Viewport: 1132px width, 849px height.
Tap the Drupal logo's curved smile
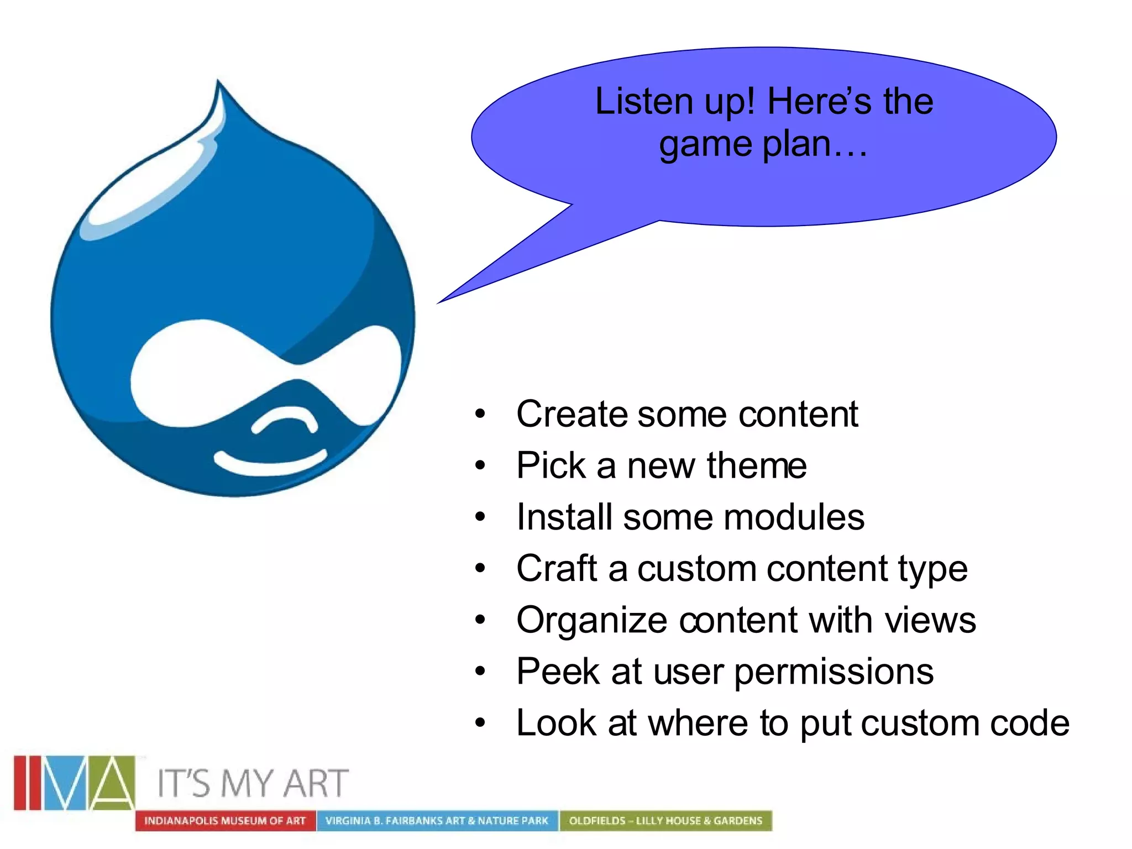point(270,463)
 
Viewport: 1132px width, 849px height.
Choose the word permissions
point(834,672)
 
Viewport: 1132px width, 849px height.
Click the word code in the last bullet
point(1029,723)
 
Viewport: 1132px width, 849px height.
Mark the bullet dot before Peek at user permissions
point(480,672)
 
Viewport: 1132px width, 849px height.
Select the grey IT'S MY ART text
point(253,783)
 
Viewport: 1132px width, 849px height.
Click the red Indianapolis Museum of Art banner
point(225,821)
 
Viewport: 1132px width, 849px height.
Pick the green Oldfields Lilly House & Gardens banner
point(665,821)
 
